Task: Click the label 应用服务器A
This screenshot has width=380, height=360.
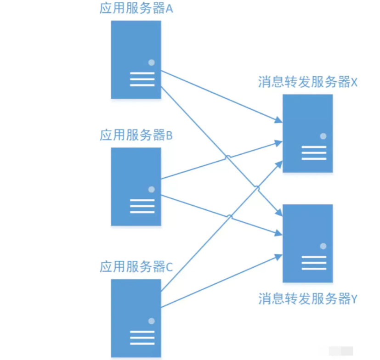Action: [x=136, y=9]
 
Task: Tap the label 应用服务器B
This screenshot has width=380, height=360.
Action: [x=136, y=135]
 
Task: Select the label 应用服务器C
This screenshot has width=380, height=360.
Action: [x=136, y=267]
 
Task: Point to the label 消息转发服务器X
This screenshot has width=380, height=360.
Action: [x=308, y=83]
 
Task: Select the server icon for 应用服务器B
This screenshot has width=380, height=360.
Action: [x=136, y=186]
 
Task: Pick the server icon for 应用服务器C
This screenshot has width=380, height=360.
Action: [x=136, y=318]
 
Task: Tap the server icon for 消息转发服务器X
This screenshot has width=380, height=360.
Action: [x=307, y=133]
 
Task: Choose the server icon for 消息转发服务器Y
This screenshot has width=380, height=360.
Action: [x=307, y=243]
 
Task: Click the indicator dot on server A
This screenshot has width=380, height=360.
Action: [x=151, y=62]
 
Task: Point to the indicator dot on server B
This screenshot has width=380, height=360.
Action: [x=151, y=189]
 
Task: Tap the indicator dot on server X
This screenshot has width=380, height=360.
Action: [x=323, y=136]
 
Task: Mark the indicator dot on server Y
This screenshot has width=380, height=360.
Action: [x=323, y=246]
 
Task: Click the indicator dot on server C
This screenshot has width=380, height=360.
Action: [x=151, y=321]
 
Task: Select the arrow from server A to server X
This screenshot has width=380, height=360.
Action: [x=221, y=96]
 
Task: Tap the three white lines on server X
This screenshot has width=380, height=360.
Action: [x=314, y=153]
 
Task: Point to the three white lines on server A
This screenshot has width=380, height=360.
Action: [x=142, y=79]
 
